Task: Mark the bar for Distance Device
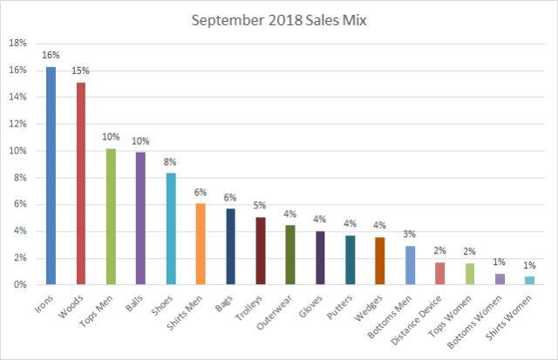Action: (x=439, y=274)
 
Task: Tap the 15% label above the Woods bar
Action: (x=81, y=70)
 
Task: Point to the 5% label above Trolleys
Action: (x=260, y=205)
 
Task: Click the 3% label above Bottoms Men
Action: (x=410, y=234)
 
